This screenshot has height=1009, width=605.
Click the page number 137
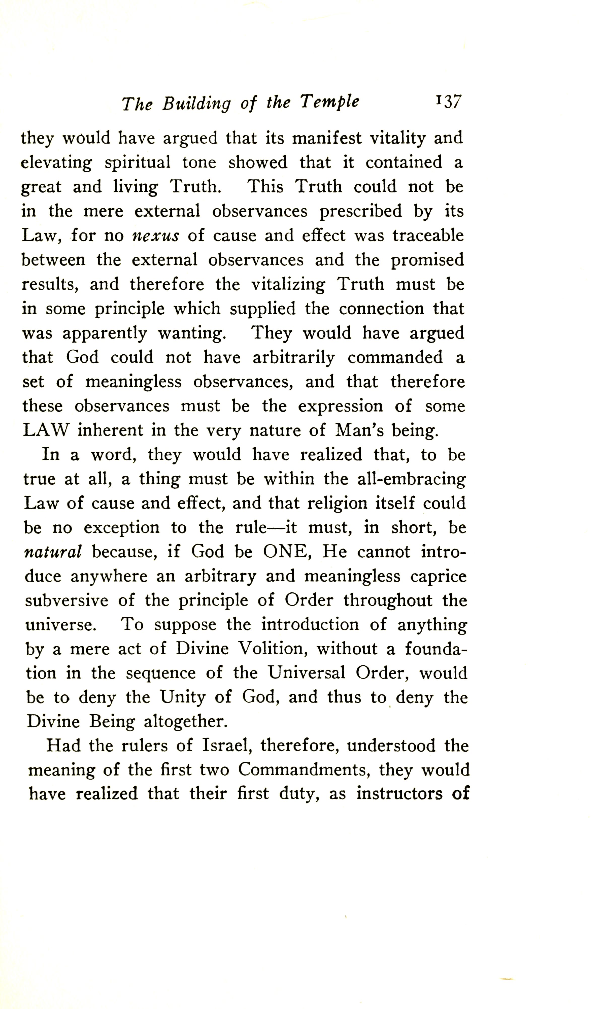(x=448, y=102)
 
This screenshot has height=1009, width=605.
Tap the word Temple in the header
(x=330, y=102)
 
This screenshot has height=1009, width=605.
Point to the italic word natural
(x=53, y=552)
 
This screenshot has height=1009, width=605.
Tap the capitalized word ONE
(x=285, y=552)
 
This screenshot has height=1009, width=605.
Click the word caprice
(x=438, y=576)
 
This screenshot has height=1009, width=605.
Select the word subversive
(x=66, y=600)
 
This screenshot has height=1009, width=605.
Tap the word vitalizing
(x=288, y=285)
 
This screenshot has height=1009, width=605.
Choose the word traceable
(x=428, y=236)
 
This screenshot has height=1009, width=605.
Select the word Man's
(x=359, y=430)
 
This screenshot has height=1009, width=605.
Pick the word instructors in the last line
(x=399, y=794)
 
